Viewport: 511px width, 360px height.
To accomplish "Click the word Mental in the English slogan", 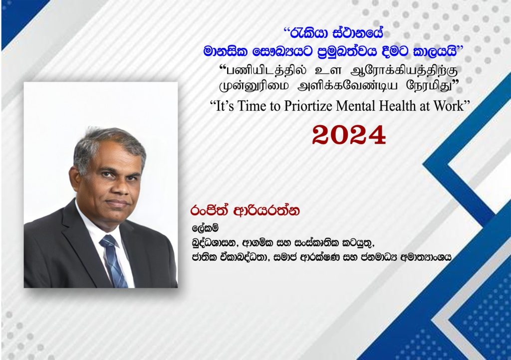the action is pos(356,106).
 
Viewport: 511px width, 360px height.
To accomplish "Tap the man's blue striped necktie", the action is pos(112,260).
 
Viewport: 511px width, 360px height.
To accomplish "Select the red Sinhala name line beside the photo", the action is pos(245,210).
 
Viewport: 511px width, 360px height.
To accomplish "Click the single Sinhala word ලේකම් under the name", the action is pos(205,228).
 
